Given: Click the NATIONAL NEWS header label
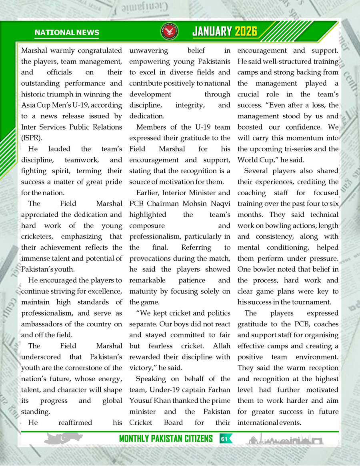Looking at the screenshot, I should tap(67, 32).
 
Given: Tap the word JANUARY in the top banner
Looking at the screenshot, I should tap(212, 32).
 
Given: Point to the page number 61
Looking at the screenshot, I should tap(224, 439).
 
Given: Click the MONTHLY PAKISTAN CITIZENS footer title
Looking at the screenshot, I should tap(166, 439).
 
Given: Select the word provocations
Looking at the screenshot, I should tap(153, 258).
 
